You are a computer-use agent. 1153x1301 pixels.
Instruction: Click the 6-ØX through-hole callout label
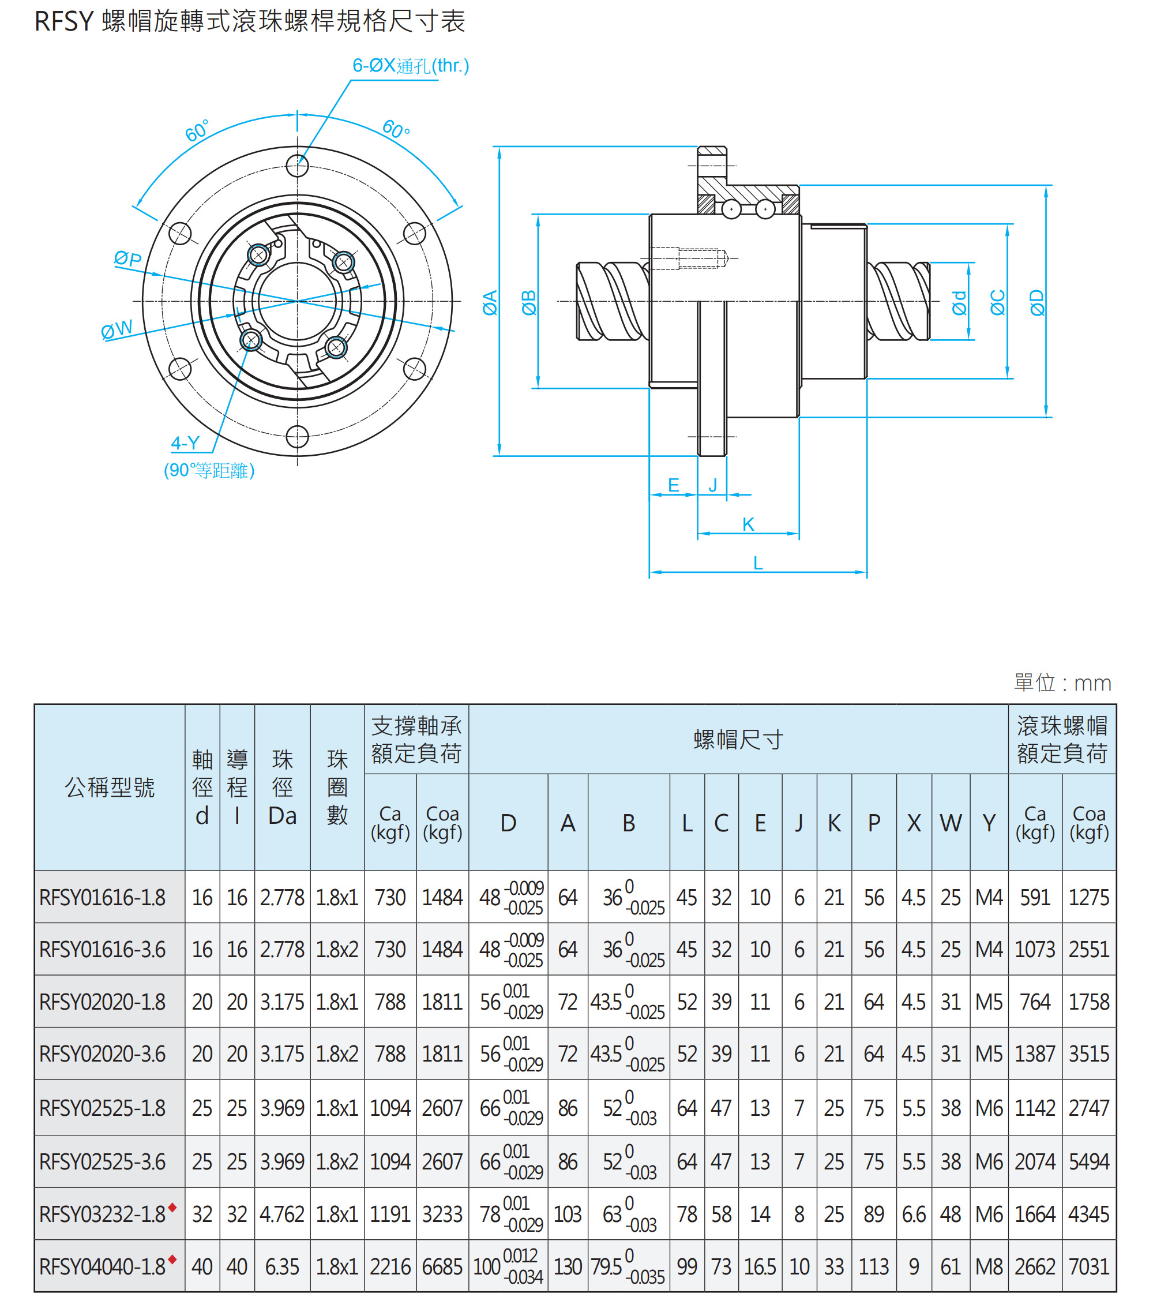[x=411, y=66]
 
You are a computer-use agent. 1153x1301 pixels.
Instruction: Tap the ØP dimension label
[x=127, y=258]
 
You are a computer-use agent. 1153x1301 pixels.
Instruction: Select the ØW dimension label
[x=117, y=329]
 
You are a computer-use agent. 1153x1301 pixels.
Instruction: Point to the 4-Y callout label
[x=185, y=443]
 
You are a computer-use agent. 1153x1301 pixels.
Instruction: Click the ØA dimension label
[x=489, y=302]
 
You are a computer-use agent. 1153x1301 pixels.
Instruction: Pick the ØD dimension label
[x=1036, y=302]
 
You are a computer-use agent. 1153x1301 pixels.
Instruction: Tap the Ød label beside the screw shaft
[x=959, y=303]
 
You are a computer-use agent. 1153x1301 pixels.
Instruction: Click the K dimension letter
[x=748, y=524]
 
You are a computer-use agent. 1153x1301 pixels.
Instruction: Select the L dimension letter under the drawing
[x=757, y=563]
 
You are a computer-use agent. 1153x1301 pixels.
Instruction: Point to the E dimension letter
[x=673, y=485]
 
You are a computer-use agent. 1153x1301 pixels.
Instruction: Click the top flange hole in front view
[x=297, y=166]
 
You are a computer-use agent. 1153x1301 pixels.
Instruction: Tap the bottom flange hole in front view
[x=297, y=437]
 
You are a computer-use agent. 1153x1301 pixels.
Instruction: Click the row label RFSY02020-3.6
[x=103, y=1055]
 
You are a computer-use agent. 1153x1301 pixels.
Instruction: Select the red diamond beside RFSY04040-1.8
[x=172, y=1259]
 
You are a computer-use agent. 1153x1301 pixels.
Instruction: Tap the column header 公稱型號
[x=110, y=788]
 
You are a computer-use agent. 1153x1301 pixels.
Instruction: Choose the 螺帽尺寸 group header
[x=738, y=740]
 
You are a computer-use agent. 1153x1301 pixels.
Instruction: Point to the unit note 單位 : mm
[x=1062, y=683]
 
